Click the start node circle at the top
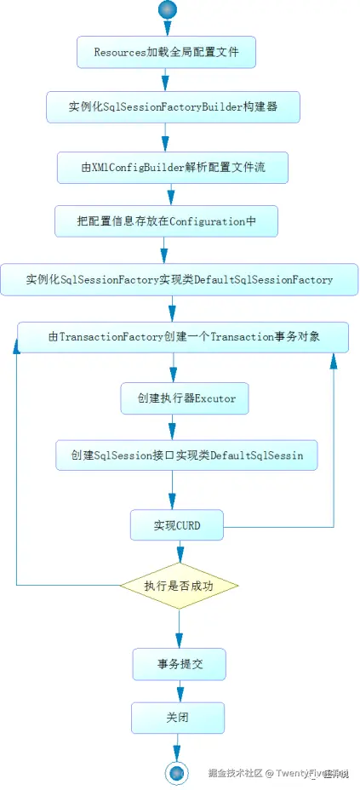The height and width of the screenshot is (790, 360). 167,10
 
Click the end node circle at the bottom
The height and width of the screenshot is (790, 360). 176,772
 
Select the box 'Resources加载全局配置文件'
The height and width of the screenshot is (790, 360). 166,53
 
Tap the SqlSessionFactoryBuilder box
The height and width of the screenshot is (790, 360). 173,109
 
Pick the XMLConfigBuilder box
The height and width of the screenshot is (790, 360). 173,168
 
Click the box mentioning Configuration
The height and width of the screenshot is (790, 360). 166,221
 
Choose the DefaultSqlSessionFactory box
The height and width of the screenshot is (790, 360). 179,279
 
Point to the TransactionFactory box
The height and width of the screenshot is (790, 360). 183,337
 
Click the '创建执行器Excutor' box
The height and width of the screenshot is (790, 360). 184,398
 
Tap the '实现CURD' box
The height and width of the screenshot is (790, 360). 177,525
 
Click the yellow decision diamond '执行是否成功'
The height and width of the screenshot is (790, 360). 179,586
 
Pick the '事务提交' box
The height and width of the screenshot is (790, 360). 179,664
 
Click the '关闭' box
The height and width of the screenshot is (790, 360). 177,718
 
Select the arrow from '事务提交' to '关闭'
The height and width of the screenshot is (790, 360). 180,691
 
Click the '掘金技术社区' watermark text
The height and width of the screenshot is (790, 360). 235,773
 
